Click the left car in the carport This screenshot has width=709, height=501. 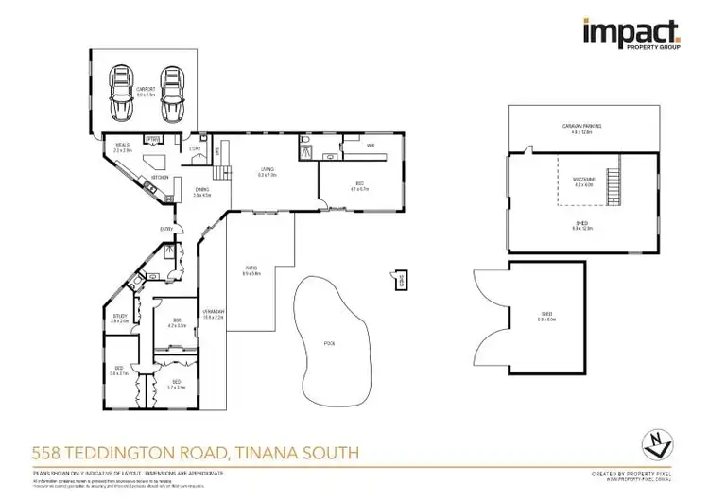(123, 94)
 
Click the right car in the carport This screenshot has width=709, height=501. (170, 94)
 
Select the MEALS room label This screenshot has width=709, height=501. (122, 147)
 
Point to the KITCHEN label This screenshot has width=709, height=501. (160, 177)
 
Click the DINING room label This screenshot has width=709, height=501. (201, 191)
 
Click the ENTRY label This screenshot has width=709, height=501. (166, 229)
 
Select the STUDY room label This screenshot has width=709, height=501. (120, 318)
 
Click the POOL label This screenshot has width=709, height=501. (328, 341)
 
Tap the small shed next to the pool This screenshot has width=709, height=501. (400, 279)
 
